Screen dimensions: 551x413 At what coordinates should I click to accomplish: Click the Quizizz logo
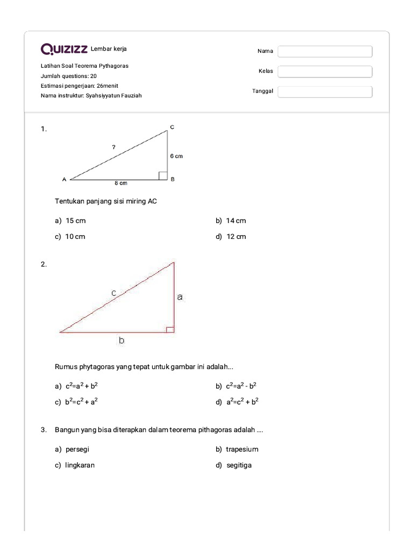[64, 50]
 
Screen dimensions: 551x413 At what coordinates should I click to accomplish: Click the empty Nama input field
[325, 51]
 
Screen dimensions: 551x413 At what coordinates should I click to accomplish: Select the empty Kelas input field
[325, 72]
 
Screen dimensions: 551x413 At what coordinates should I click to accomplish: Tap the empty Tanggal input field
[325, 91]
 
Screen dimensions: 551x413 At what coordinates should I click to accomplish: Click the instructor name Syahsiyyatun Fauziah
[114, 95]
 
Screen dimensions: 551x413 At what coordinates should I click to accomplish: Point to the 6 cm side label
[176, 156]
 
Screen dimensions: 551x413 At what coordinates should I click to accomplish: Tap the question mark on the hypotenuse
[113, 146]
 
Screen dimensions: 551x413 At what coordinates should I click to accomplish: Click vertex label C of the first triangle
[172, 127]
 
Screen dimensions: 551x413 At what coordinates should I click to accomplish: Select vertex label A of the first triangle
[64, 179]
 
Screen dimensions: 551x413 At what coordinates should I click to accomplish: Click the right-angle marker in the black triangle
[162, 175]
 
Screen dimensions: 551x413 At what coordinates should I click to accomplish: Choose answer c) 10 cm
[70, 237]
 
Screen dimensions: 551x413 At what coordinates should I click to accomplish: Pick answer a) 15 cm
[70, 221]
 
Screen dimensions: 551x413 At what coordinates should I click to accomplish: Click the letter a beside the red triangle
[180, 296]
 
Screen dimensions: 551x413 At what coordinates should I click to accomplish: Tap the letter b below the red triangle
[122, 340]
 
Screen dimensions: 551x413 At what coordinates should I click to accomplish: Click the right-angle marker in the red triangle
[170, 329]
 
